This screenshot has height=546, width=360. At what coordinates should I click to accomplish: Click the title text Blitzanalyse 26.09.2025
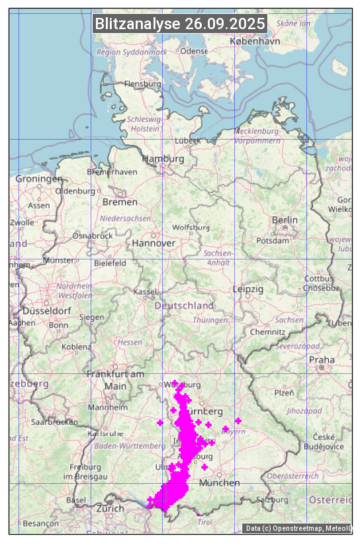click(180, 24)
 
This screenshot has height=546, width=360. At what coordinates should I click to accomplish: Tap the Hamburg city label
click(163, 159)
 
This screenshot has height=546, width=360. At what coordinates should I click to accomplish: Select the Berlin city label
click(285, 220)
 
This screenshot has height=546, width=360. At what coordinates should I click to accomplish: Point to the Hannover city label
click(154, 243)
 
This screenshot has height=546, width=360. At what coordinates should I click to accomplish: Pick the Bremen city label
click(120, 202)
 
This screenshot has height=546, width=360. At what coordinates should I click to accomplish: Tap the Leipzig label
click(248, 289)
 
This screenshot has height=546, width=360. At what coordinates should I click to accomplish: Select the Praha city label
click(322, 359)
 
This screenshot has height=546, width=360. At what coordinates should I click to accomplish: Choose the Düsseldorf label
click(46, 310)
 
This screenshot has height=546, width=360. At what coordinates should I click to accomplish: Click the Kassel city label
click(144, 292)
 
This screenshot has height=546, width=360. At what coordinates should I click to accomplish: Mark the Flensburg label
click(142, 84)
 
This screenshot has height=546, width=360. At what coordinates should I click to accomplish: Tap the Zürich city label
click(110, 508)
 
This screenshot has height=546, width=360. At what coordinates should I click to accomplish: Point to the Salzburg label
click(273, 500)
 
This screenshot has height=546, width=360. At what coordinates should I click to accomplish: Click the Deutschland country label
click(184, 306)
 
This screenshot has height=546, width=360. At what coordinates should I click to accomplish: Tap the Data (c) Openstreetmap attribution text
click(297, 528)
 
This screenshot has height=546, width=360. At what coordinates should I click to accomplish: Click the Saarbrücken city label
click(54, 421)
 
